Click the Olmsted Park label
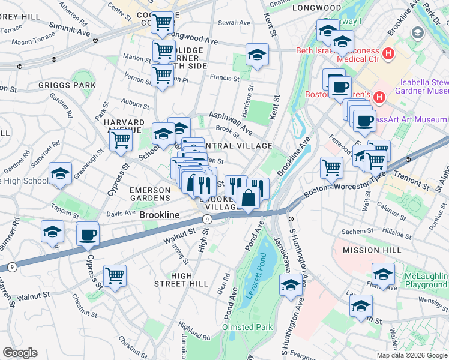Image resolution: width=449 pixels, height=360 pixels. (247, 327)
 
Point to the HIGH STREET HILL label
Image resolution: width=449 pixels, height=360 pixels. (181, 279)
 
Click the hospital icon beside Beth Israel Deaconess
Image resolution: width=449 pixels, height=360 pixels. (388, 54)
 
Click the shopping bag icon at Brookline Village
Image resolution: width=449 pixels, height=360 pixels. (248, 197)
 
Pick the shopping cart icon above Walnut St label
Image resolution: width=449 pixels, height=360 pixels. (115, 276)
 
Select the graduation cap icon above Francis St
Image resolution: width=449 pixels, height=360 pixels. (257, 55)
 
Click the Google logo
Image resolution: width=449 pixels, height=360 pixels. (20, 353)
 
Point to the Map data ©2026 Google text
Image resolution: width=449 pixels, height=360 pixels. (411, 355)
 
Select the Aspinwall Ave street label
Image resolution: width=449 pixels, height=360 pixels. (231, 122)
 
